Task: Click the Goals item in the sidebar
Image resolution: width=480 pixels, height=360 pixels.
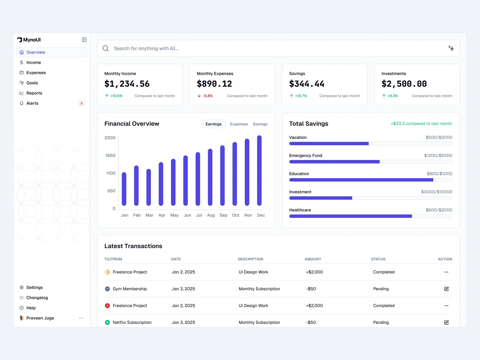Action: [x=32, y=83]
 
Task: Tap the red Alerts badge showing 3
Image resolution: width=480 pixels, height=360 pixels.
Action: [x=81, y=103]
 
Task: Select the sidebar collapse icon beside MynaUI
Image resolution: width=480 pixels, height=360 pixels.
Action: [x=84, y=40]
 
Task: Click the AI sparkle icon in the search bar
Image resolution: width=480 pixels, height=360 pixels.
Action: [x=451, y=48]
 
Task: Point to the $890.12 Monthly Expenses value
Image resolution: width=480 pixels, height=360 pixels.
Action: [x=214, y=84]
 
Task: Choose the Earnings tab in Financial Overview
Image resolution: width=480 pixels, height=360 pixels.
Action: [x=213, y=124]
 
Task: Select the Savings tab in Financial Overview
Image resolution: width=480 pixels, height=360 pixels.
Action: [x=260, y=124]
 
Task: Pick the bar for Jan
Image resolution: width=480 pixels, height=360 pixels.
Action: [x=124, y=189]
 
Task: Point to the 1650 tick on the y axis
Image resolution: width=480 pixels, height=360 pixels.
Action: [x=110, y=155]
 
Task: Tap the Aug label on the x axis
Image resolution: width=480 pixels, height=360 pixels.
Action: [x=211, y=215]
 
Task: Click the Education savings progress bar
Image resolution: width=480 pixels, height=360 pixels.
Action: [x=370, y=180]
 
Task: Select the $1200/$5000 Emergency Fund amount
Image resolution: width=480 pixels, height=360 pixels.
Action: [x=438, y=155]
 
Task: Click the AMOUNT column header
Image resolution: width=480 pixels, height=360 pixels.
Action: [x=313, y=259]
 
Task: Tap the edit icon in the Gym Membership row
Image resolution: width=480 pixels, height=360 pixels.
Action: [x=446, y=289]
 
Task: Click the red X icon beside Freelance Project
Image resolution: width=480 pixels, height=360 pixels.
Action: [x=107, y=306]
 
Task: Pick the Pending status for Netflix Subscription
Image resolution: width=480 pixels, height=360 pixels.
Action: [x=381, y=322]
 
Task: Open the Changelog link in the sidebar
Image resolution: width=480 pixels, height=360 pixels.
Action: [x=37, y=298]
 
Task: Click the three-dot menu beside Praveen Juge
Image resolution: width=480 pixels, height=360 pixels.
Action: [x=81, y=318]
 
